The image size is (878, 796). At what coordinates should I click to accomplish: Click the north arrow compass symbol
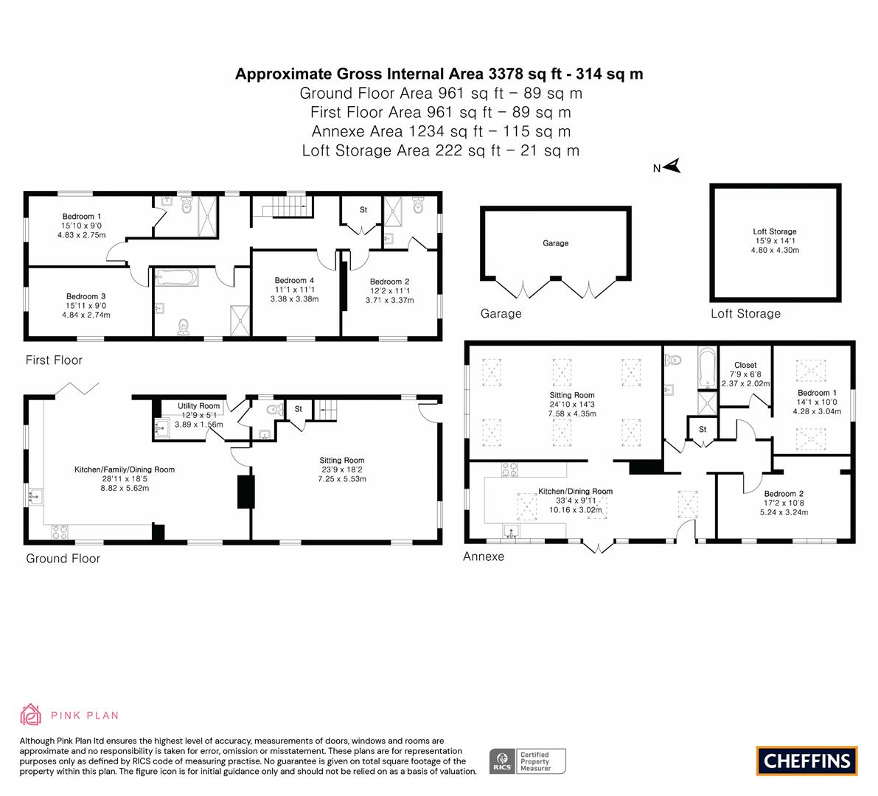pyautogui.click(x=672, y=166)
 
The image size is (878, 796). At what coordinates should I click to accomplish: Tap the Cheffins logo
pyautogui.click(x=807, y=761)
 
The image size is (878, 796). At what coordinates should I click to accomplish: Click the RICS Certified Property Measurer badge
pyautogui.click(x=528, y=761)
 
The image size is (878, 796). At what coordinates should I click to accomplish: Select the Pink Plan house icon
pyautogui.click(x=30, y=715)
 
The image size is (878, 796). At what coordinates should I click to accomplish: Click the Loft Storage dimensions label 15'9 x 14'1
pyautogui.click(x=775, y=241)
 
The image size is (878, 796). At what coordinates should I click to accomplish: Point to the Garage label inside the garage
pyautogui.click(x=555, y=243)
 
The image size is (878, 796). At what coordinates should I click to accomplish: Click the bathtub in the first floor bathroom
pyautogui.click(x=176, y=278)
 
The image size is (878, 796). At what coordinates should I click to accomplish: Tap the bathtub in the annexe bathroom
pyautogui.click(x=707, y=368)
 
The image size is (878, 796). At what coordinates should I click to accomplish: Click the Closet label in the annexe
pyautogui.click(x=745, y=365)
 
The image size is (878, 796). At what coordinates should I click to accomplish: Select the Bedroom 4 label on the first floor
pyautogui.click(x=295, y=280)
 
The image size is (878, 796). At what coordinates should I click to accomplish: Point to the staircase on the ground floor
pyautogui.click(x=326, y=410)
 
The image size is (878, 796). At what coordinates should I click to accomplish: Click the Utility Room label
pyautogui.click(x=199, y=406)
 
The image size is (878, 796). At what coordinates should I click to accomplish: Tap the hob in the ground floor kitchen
pyautogui.click(x=60, y=531)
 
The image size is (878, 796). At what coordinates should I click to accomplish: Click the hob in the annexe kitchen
pyautogui.click(x=509, y=469)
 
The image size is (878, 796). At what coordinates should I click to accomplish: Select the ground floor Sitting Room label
pyautogui.click(x=342, y=460)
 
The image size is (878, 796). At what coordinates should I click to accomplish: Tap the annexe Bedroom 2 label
pyautogui.click(x=784, y=494)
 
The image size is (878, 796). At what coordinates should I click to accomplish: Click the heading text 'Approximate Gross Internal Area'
pyautogui.click(x=360, y=74)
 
